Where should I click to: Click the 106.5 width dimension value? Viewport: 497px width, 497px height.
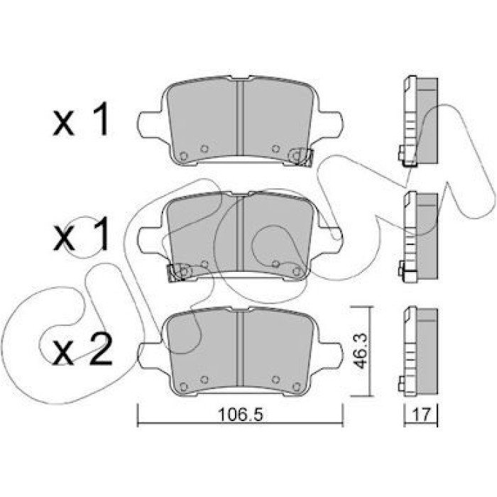point(241,414)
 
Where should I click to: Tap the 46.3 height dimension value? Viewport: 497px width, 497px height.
point(361,351)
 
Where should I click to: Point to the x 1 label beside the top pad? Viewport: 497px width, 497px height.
point(81,121)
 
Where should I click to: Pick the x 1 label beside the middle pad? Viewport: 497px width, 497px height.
point(81,236)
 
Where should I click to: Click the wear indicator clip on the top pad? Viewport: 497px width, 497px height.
point(301,157)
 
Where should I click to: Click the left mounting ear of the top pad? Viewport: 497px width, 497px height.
point(150,124)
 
